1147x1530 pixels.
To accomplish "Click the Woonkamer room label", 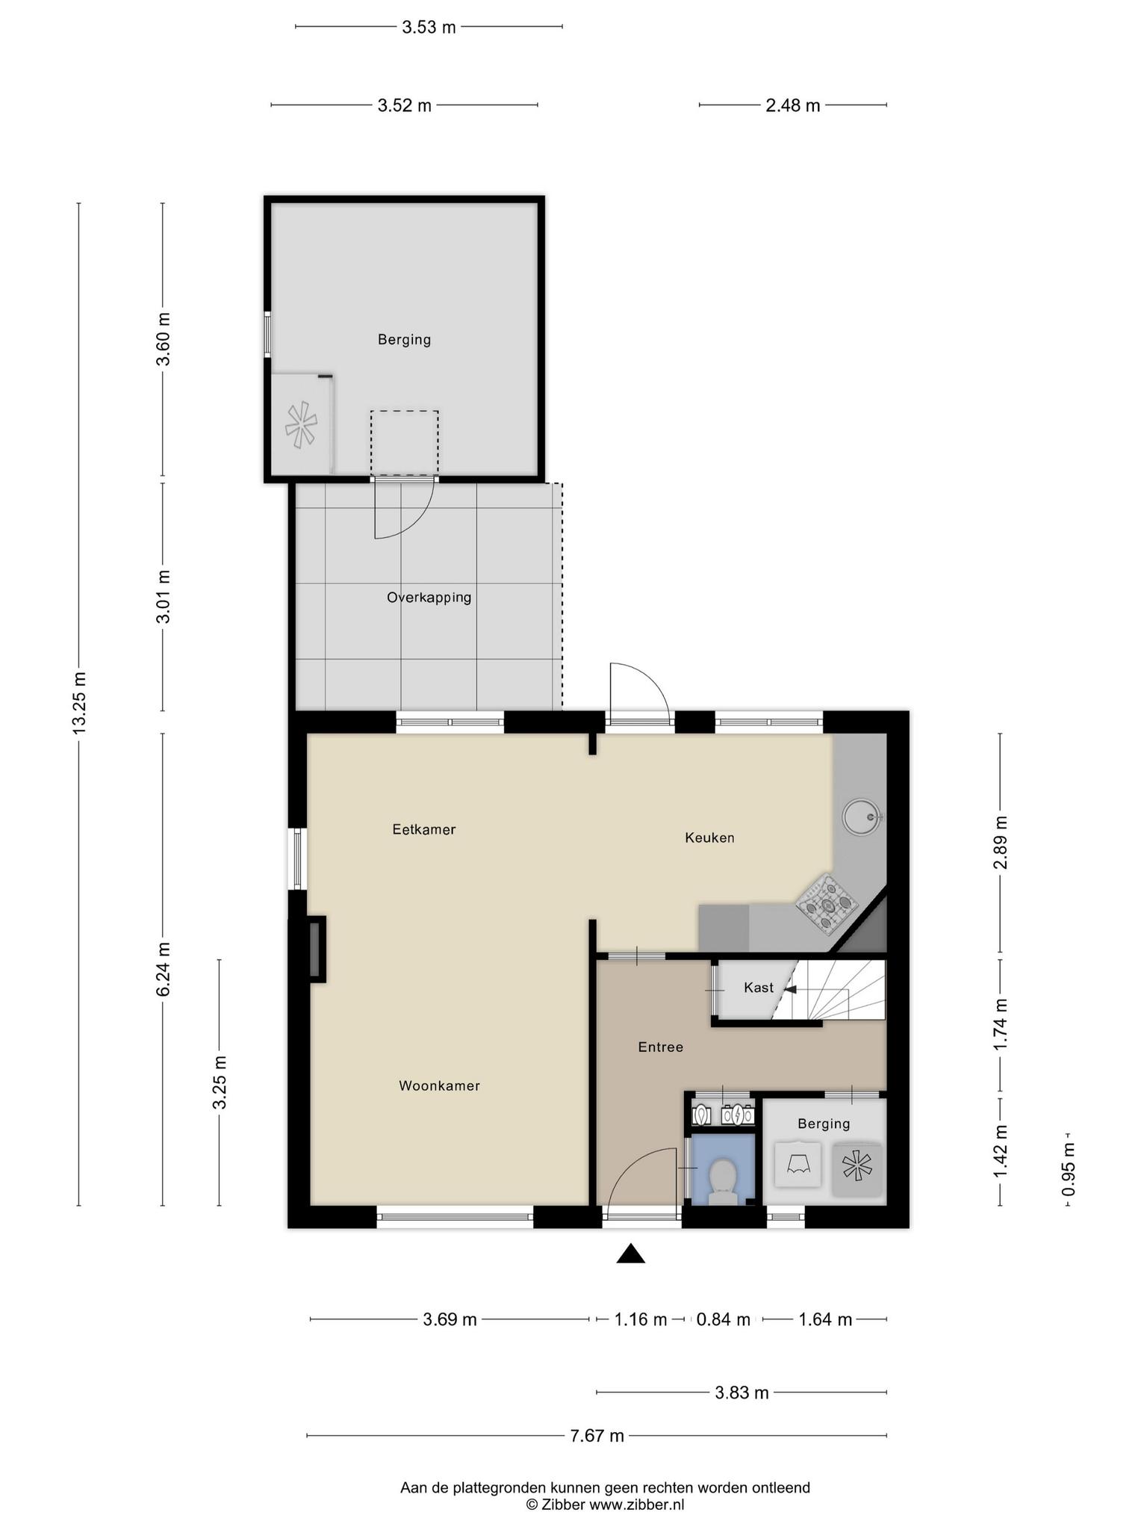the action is click(x=439, y=1085).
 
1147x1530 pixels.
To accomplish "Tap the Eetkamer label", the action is click(x=424, y=829).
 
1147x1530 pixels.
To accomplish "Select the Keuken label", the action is click(x=709, y=837).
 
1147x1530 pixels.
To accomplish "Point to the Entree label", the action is click(x=661, y=1047).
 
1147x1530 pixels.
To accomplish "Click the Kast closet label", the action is click(x=759, y=988).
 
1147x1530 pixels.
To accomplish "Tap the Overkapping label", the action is click(x=429, y=598).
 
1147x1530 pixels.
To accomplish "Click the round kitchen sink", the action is click(x=862, y=815).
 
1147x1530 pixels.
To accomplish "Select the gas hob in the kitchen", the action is click(x=827, y=904).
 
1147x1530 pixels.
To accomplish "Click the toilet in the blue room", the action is click(x=722, y=1182).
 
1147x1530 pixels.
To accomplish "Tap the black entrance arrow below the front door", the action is click(x=630, y=1254).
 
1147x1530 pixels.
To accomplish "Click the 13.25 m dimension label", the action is click(x=79, y=702).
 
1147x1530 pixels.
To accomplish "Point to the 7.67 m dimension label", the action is click(x=597, y=1435).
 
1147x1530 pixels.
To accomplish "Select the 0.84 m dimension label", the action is click(x=723, y=1319).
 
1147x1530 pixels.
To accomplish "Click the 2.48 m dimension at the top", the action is click(x=793, y=105).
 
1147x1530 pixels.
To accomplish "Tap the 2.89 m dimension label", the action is click(x=1001, y=842).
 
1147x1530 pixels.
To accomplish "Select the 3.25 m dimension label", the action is click(x=220, y=1083).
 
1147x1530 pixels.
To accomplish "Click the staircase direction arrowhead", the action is click(x=791, y=990).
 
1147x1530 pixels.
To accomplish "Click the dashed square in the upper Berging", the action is click(x=405, y=443).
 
